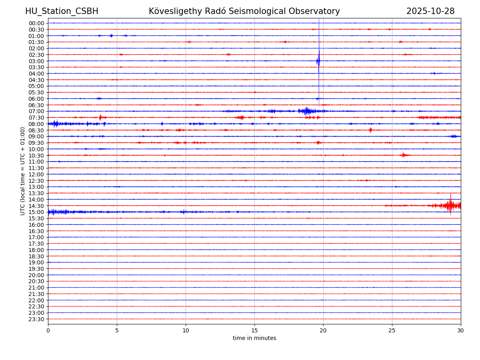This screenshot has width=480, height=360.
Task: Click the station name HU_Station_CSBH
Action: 62,11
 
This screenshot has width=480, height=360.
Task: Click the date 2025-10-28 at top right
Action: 430,11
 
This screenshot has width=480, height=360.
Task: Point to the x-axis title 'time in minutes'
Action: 254,338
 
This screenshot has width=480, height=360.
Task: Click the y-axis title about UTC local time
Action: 23,171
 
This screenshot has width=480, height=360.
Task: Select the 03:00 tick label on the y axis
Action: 36,61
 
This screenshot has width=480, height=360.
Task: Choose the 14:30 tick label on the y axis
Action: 36,206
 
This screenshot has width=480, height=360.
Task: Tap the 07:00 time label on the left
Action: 36,111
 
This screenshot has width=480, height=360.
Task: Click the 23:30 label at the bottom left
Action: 36,319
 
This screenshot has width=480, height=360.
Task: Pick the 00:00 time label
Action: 36,23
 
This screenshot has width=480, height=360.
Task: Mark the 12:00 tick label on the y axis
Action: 36,174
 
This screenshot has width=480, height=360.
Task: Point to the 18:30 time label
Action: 36,256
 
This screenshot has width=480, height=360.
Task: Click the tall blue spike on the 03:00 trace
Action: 319,61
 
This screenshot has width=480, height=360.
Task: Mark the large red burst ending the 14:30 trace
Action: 450,206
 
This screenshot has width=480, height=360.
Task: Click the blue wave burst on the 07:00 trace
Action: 307,111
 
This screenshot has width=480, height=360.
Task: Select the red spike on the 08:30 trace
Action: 370,130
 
